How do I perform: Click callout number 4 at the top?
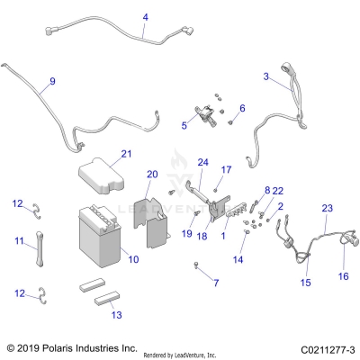[x=146, y=17]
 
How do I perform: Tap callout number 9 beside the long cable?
[x=52, y=82]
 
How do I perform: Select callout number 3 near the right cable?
[x=265, y=77]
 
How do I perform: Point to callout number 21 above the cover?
[x=126, y=154]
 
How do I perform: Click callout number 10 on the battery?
[x=133, y=259]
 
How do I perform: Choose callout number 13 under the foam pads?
[x=115, y=315]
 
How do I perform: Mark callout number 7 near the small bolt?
[x=215, y=283]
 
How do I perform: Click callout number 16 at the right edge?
[x=343, y=276]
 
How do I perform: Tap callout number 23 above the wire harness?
[x=328, y=208]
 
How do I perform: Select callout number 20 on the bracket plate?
[x=152, y=174]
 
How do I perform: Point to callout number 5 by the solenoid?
[x=184, y=126]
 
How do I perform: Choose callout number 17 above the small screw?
[x=227, y=169]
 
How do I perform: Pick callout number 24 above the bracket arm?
[x=203, y=163]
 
